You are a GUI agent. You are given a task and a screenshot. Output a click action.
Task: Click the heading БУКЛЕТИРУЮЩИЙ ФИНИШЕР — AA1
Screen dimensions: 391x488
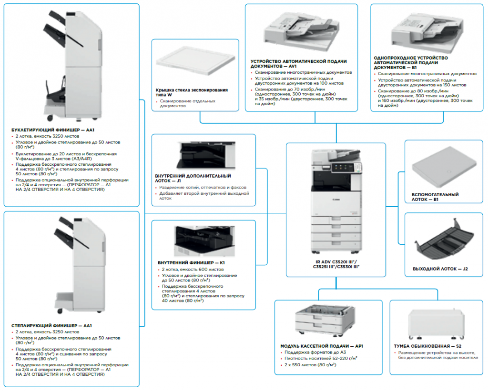pyautogui.click(x=53, y=130)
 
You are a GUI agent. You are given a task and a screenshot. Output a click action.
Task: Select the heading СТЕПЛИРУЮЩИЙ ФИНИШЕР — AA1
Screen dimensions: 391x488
pyautogui.click(x=51, y=326)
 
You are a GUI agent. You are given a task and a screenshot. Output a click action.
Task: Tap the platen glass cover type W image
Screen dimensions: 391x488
pyautogui.click(x=195, y=63)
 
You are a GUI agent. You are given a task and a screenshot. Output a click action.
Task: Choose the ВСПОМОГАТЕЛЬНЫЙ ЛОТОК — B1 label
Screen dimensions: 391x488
pyautogui.click(x=435, y=197)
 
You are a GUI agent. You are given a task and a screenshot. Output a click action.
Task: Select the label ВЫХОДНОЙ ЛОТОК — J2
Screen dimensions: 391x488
pyautogui.click(x=440, y=269)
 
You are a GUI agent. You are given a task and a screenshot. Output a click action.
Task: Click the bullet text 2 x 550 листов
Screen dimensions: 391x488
pyautogui.click(x=310, y=365)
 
